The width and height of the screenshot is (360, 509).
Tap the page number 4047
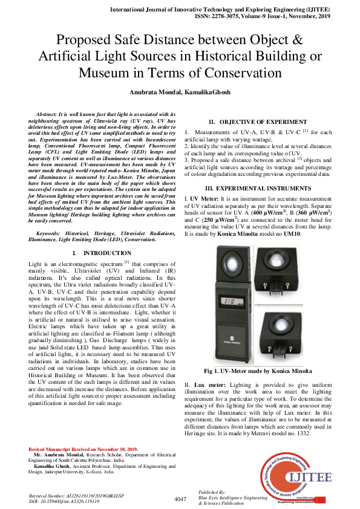[x=180, y=499]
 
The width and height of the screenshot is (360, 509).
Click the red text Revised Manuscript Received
[x=83, y=449]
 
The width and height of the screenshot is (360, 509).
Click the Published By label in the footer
[x=211, y=491]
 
